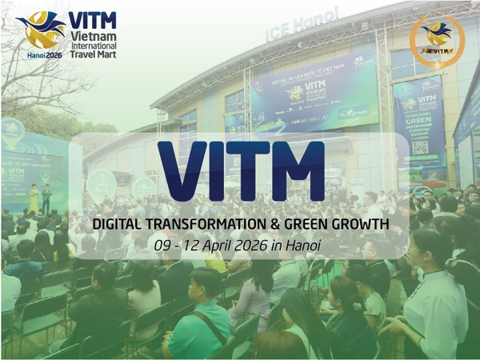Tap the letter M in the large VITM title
(x=294, y=170)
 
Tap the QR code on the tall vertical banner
(x=421, y=147)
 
